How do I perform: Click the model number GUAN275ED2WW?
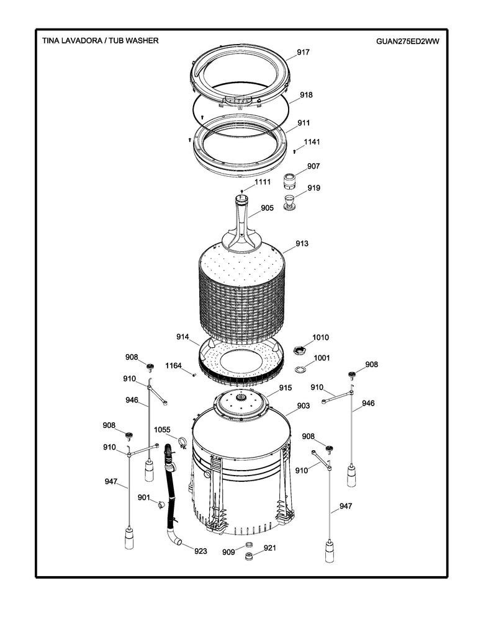coord(407,41)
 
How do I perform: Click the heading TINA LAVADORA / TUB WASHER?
coord(100,40)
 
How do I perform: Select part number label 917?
coord(302,53)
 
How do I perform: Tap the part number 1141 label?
coord(312,143)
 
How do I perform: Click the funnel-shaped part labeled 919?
coord(289,203)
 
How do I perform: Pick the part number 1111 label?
coord(263,182)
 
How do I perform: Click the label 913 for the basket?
coord(302,244)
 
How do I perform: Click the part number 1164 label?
coord(173,366)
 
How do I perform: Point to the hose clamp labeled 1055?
coord(183,442)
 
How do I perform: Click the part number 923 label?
coord(200,551)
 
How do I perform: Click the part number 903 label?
coord(303,406)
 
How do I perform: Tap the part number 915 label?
coord(285,388)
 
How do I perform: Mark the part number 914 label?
coord(182,337)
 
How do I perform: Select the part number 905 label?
coord(267,208)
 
